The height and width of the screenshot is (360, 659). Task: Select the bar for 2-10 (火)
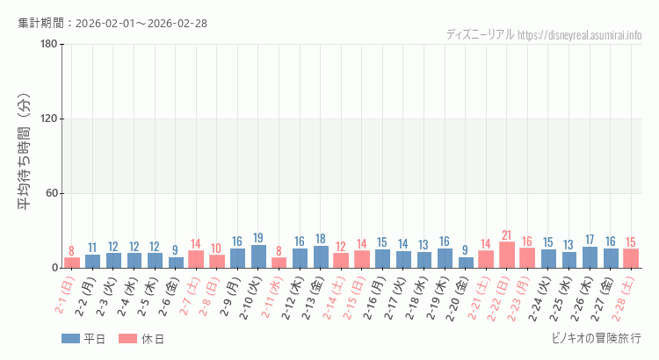coord(258,256)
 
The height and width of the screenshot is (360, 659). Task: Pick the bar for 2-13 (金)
coord(321,256)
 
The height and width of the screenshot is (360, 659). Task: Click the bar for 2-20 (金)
coord(466,263)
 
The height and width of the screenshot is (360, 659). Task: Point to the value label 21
coord(507,235)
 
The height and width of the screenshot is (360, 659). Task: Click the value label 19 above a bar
coord(258,238)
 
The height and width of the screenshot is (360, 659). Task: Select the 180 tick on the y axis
coord(49,45)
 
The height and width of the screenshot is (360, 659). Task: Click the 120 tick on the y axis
coord(49,119)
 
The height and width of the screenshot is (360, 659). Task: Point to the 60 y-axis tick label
coord(52,193)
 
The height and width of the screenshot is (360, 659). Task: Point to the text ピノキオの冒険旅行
coord(595,338)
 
